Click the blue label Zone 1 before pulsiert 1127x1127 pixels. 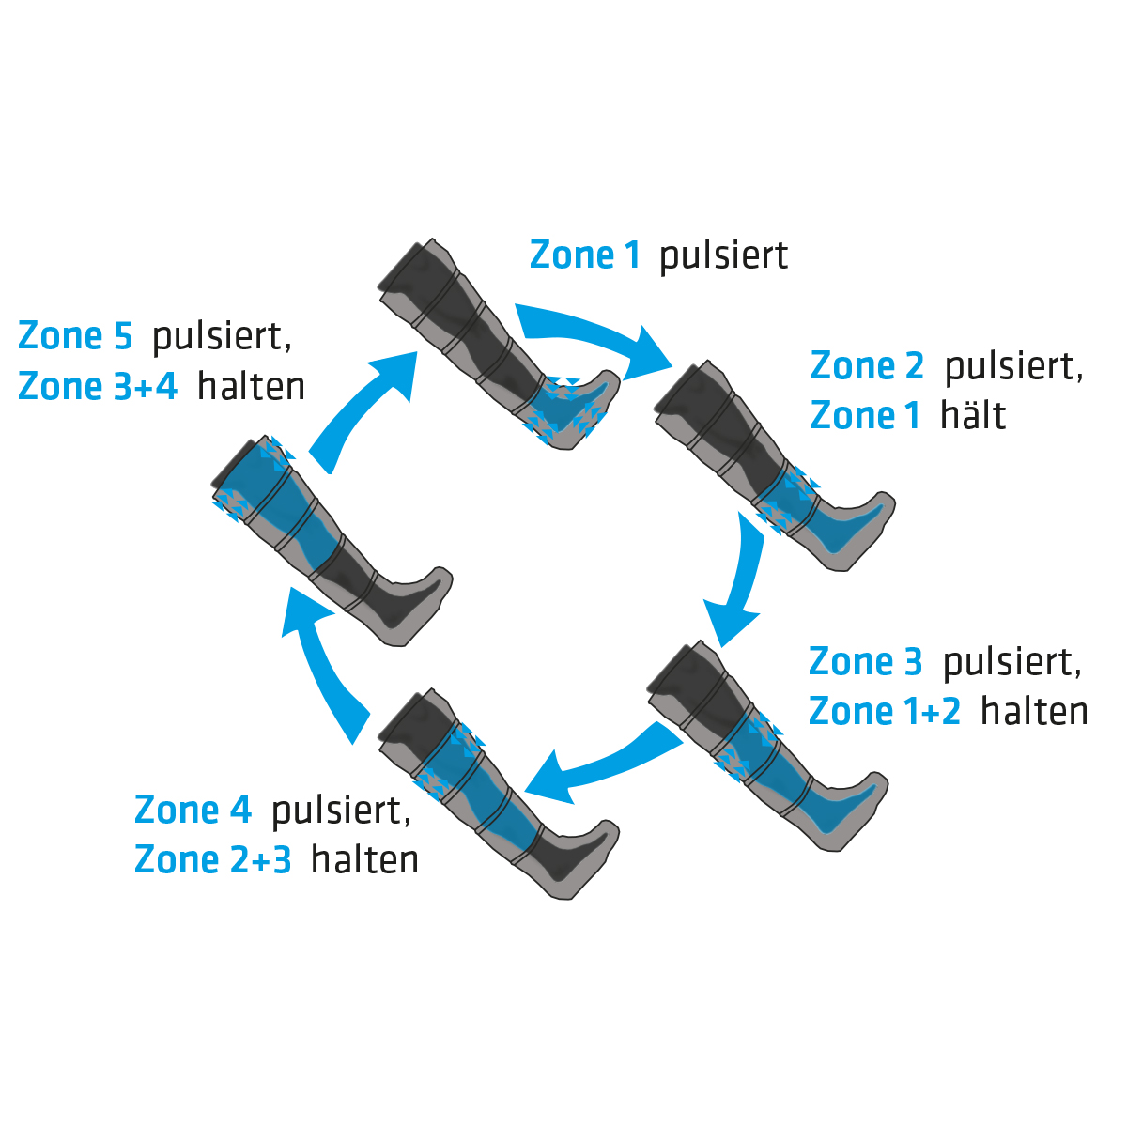(584, 255)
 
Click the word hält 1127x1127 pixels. (973, 415)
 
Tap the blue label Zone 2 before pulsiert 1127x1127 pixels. (867, 366)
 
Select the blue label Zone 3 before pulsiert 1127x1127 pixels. (865, 662)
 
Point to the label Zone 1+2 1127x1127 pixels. (885, 712)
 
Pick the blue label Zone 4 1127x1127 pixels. (193, 810)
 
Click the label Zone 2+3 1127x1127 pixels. (212, 859)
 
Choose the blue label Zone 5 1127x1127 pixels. (75, 336)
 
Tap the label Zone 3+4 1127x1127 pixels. (98, 386)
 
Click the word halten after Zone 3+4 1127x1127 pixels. (251, 386)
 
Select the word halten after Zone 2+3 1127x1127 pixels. (364, 859)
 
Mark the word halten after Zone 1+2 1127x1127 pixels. (1034, 712)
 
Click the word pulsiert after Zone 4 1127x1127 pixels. (341, 810)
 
